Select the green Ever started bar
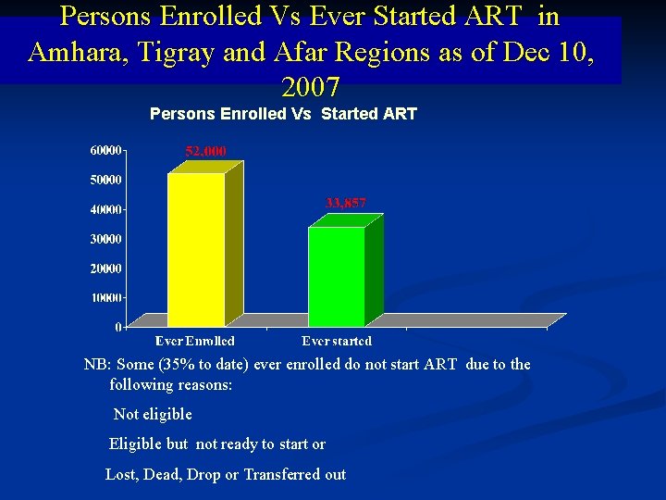point(337,275)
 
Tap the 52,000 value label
point(205,151)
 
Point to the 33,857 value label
point(346,203)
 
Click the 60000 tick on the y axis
point(105,150)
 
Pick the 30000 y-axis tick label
point(105,239)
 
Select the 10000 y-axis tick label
point(105,298)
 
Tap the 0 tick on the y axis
point(117,327)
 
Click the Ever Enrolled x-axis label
point(195,342)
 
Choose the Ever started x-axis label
point(337,342)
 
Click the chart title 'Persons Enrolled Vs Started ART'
point(283,114)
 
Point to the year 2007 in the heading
point(310,88)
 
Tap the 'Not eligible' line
point(153,414)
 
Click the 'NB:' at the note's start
point(97,364)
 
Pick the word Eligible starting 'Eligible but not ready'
point(135,444)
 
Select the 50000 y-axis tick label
point(105,180)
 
